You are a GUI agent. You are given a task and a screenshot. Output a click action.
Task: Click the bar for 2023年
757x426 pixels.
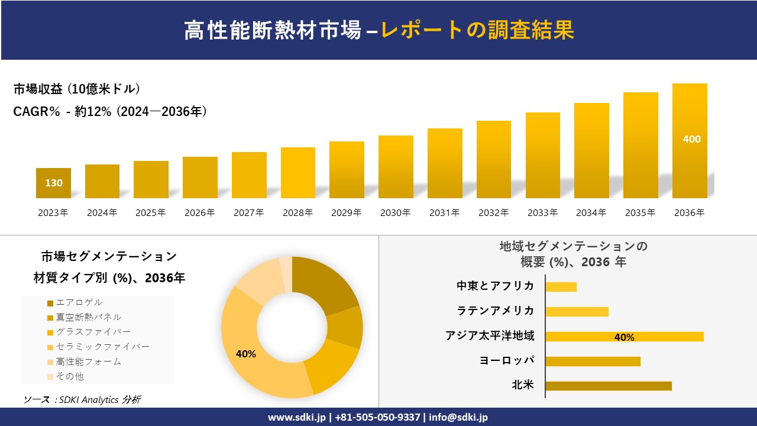click(x=53, y=183)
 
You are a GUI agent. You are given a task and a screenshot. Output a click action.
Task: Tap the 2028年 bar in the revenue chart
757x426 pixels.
click(x=298, y=173)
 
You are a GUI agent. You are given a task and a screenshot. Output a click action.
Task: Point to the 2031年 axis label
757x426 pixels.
click(x=444, y=213)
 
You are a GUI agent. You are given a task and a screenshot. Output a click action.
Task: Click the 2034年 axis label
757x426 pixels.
click(x=591, y=213)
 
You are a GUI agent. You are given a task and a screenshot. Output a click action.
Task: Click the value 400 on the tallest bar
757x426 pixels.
click(x=691, y=139)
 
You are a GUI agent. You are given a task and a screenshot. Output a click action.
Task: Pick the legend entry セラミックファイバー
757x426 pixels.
click(x=102, y=347)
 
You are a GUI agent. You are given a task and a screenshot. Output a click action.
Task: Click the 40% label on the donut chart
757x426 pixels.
click(x=246, y=354)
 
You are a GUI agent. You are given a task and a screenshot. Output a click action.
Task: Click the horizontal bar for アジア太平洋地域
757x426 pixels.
click(x=624, y=337)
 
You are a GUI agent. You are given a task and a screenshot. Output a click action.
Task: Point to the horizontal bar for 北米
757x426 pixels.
click(x=608, y=386)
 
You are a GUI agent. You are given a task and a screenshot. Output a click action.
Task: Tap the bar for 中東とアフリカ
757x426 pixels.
click(x=561, y=287)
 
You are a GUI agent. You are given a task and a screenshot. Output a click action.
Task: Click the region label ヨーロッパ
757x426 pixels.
click(x=507, y=360)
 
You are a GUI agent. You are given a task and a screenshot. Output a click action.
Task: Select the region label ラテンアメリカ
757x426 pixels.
click(x=496, y=311)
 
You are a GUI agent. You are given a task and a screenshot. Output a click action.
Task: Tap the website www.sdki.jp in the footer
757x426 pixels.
click(x=296, y=417)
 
